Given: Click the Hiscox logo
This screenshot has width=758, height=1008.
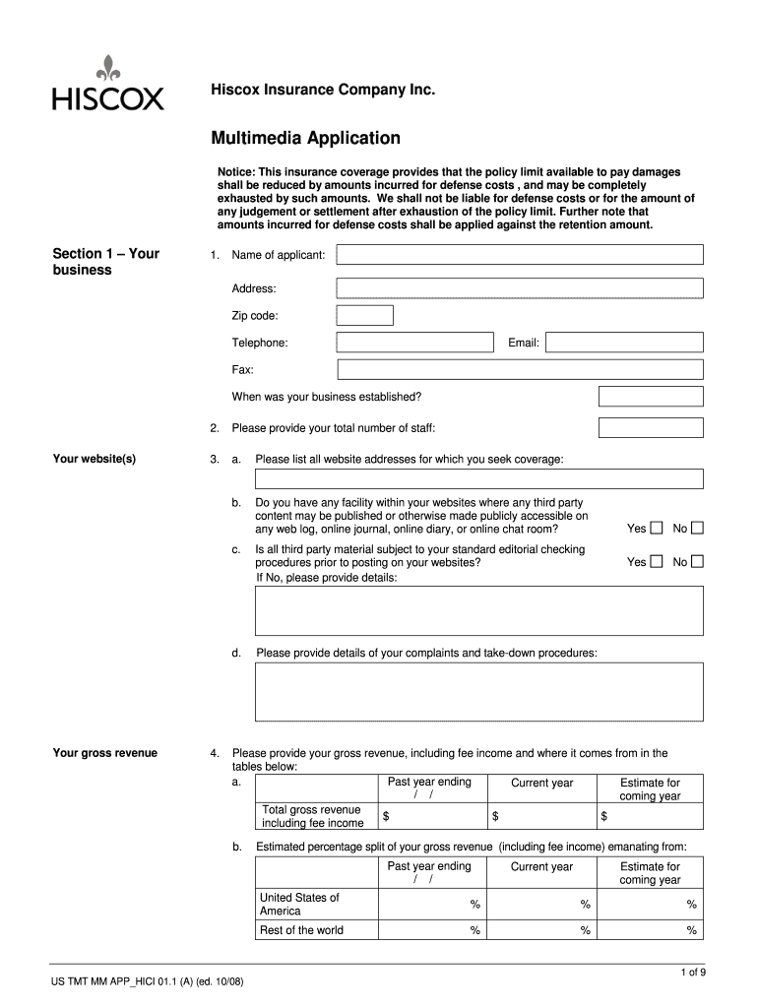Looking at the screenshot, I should pos(107,85).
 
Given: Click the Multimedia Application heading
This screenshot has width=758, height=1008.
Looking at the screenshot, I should pos(305,138).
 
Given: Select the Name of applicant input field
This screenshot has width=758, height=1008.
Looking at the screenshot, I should pos(520,255).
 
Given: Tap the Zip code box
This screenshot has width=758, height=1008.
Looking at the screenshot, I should pos(364,315).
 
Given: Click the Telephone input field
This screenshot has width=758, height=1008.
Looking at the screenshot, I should pos(414,343).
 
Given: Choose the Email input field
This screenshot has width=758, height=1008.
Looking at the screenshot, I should pos(624,343).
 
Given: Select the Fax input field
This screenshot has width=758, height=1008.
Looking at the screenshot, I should pos(520,369).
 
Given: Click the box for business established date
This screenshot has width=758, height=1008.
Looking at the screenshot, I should pos(651,396).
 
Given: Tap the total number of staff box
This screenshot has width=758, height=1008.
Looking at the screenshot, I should pos(651,427).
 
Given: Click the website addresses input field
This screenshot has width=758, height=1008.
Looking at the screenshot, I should pos(479,479).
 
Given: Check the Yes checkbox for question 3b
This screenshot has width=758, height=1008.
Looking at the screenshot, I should pos(658,529).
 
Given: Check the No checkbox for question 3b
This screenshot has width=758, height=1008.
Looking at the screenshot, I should pos(697,529).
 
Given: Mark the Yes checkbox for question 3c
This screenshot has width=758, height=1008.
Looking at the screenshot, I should pos(658,562).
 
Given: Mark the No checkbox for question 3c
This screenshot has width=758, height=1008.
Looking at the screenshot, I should pos(697,562).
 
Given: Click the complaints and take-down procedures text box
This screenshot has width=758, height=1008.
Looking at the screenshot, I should pos(479,692).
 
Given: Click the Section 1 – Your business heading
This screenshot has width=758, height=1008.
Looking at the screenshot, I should pos(105,261).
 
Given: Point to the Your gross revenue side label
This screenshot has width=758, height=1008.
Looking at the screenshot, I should pos(104,753).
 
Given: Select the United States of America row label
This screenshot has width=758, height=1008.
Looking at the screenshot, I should pos(299,904).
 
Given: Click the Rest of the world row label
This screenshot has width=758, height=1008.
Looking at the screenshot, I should pos(301,930).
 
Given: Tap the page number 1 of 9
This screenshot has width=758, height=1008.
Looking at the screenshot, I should pos(693,973).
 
